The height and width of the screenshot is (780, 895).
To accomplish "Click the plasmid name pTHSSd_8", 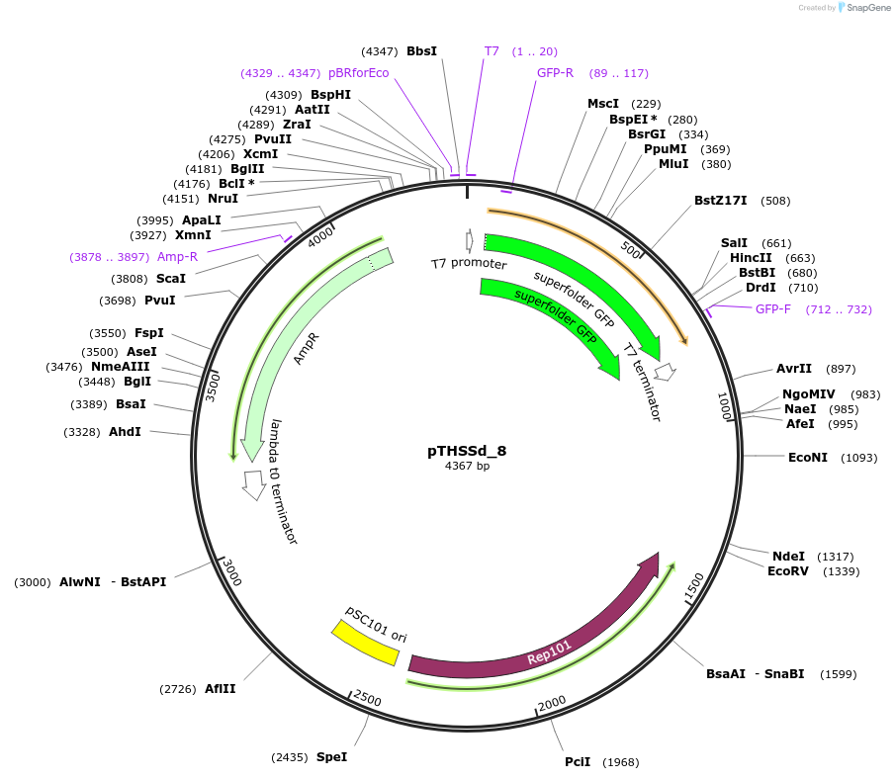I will tap(467, 450).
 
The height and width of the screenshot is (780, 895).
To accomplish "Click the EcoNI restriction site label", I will tap(807, 457).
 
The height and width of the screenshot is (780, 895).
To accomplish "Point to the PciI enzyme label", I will tap(578, 761).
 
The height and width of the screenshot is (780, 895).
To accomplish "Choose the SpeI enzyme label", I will tap(331, 757).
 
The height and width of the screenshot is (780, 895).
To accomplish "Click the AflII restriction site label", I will tap(220, 688).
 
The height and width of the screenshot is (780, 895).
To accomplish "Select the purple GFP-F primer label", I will tap(773, 309).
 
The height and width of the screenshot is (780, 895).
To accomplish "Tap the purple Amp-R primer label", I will tap(178, 257).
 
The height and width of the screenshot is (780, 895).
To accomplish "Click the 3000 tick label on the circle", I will tap(231, 571).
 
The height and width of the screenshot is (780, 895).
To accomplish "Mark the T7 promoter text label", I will tap(469, 264).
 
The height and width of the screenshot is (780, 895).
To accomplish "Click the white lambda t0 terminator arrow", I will tap(254, 484).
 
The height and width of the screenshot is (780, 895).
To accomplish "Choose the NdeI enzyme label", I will tap(788, 556).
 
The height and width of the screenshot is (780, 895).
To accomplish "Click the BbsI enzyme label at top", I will tap(421, 50).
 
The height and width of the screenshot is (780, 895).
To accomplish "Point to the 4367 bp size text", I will tap(467, 466).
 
